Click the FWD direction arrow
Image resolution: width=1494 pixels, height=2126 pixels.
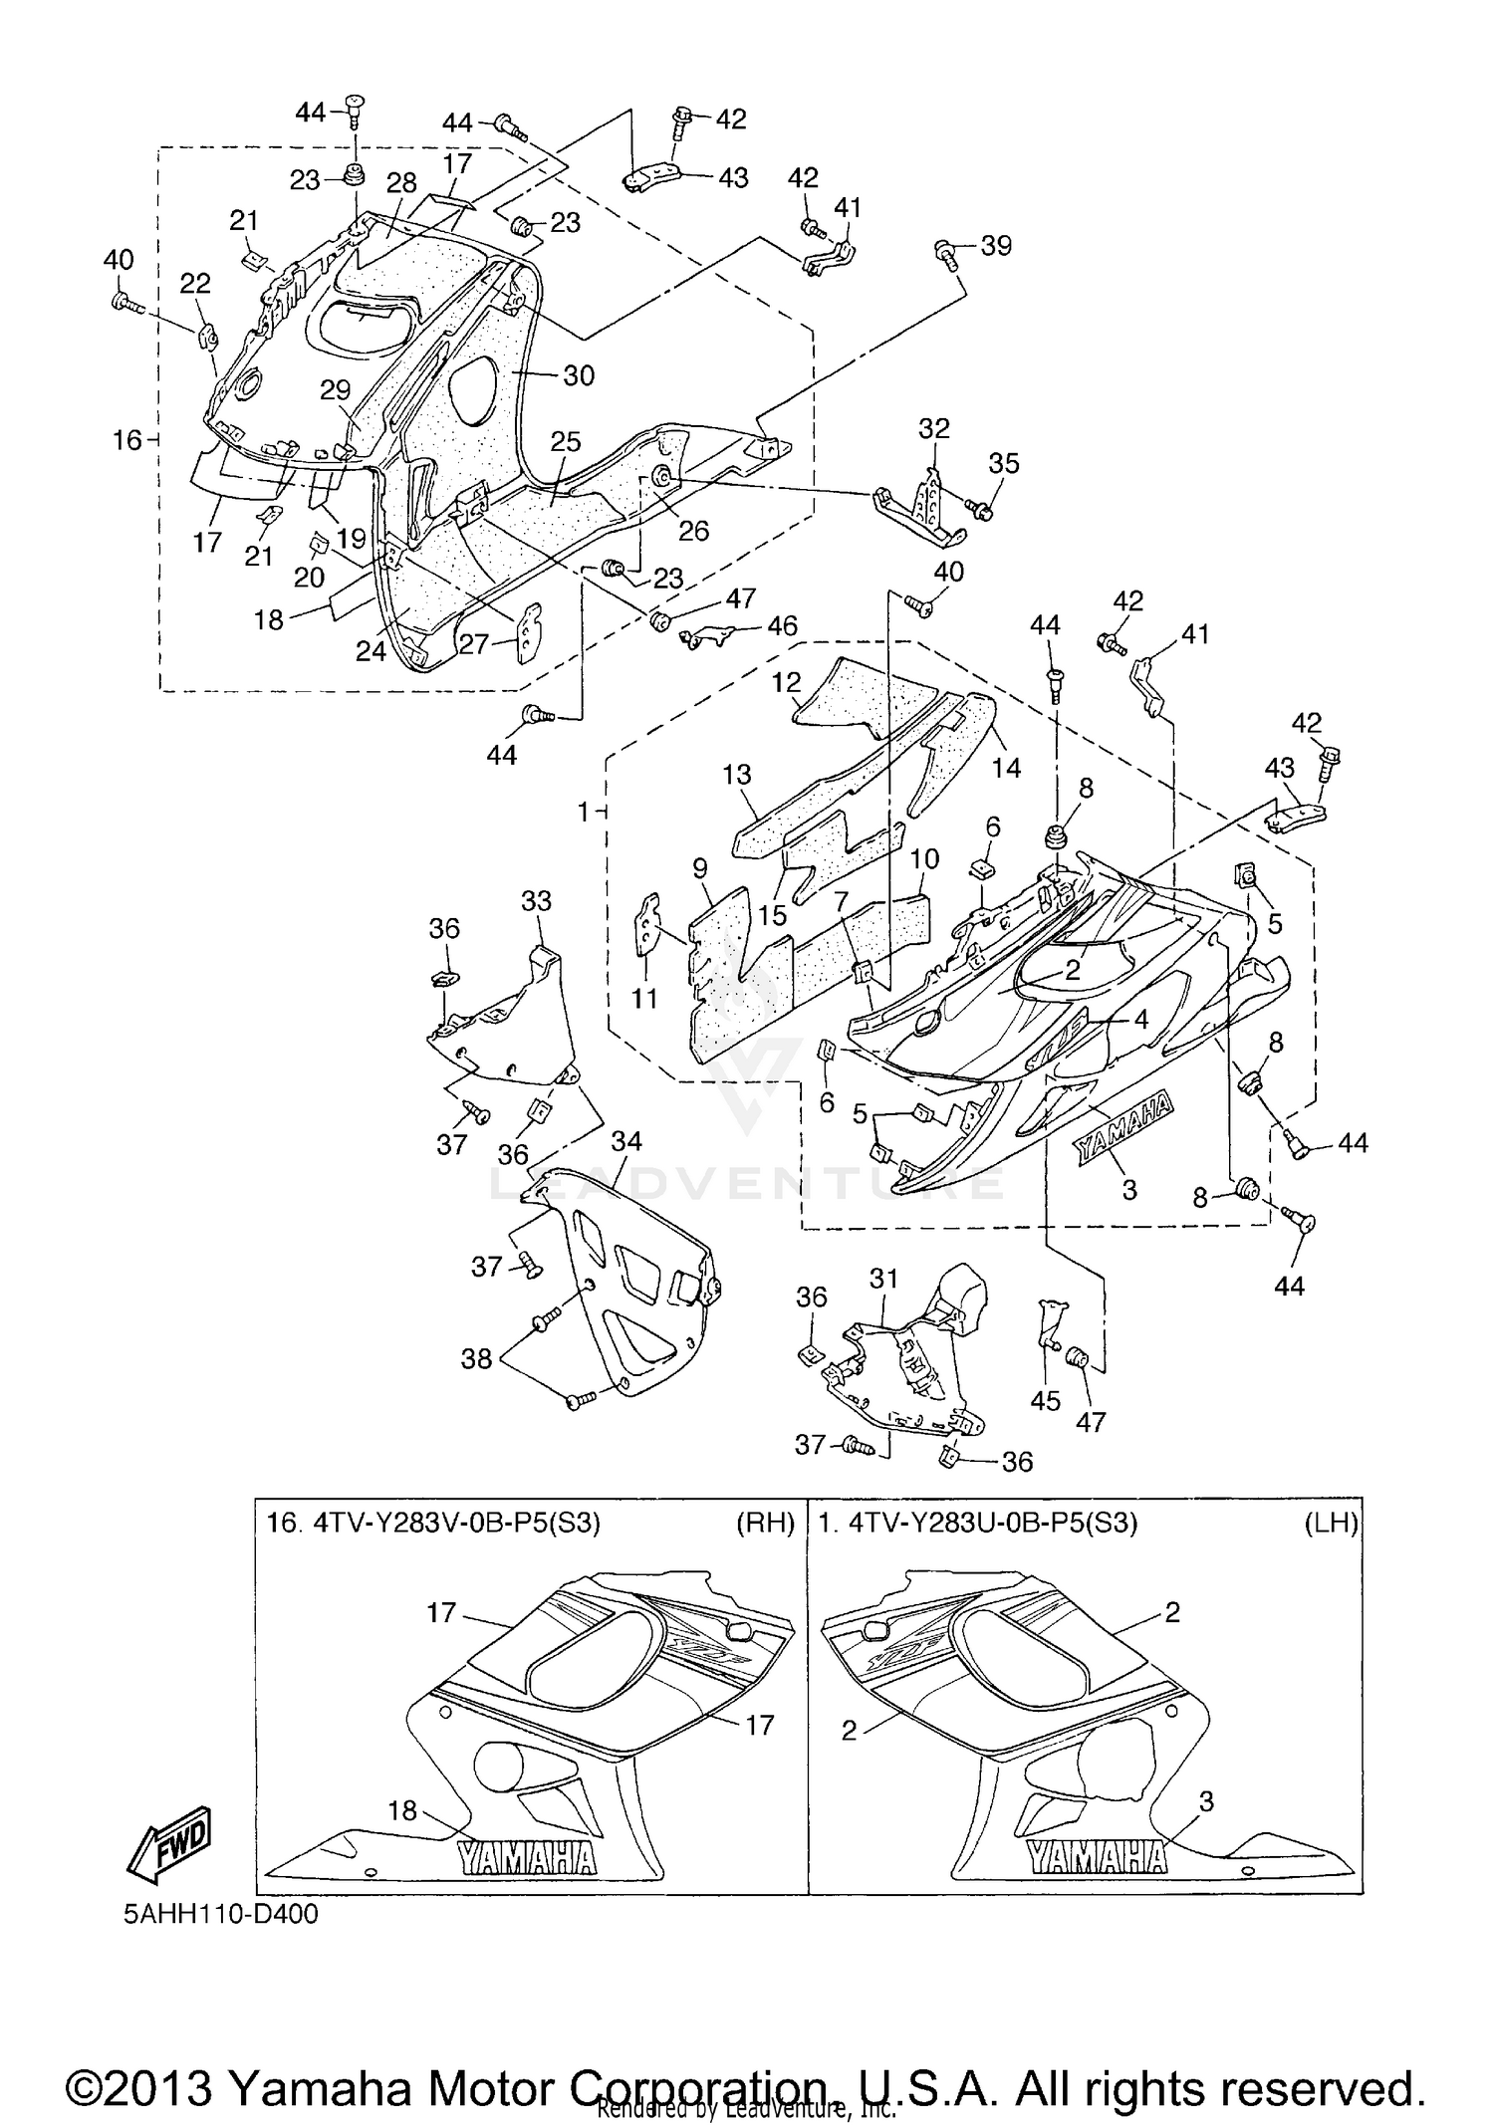[168, 1843]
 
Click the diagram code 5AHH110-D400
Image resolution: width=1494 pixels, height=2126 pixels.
[221, 1914]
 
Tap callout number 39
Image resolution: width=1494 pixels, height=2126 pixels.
[996, 245]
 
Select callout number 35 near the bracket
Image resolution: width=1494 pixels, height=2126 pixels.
[1004, 463]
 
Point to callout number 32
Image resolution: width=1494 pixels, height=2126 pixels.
[933, 428]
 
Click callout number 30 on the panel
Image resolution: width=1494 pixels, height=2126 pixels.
[579, 374]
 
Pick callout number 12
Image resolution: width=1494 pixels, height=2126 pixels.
[786, 682]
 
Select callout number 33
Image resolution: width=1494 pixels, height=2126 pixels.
[536, 900]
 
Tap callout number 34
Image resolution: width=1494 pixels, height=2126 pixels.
[625, 1142]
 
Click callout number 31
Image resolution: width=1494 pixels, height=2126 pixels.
[883, 1278]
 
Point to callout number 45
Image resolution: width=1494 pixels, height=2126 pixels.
[1045, 1401]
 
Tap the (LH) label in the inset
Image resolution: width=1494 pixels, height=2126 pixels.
[1332, 1524]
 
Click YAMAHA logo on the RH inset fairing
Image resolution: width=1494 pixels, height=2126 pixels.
[526, 1858]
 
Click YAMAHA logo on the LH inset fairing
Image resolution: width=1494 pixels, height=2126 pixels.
[1096, 1857]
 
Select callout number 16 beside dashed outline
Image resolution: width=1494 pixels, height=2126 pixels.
[126, 439]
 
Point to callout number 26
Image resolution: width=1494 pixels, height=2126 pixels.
[693, 531]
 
